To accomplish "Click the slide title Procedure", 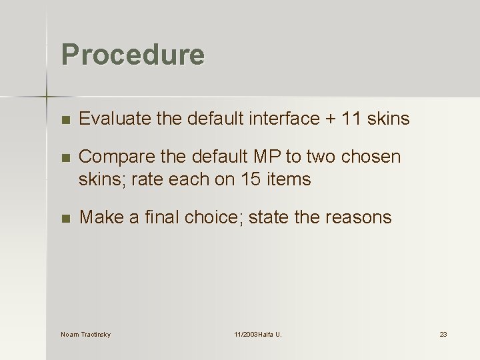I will (x=133, y=55).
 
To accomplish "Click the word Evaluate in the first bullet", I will (x=107, y=119).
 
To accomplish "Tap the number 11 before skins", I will (x=352, y=119).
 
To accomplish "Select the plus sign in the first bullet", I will (x=330, y=119).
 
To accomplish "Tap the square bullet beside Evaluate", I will (x=64, y=120).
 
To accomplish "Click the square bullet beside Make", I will (x=64, y=218).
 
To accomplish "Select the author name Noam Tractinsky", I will (x=85, y=334).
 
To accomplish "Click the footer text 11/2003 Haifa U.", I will (x=258, y=334).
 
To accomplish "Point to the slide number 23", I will (x=443, y=334).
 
